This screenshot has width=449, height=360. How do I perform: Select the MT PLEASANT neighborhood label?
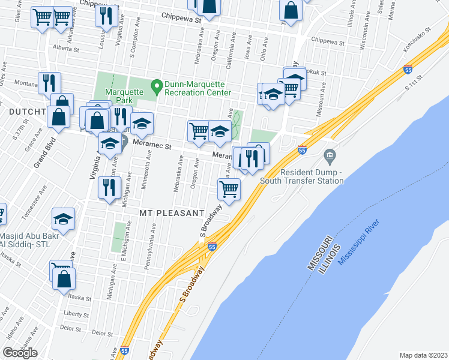tap(172, 214)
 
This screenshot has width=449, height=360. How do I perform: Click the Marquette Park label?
tap(122, 97)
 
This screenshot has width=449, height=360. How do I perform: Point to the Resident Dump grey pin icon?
tap(330, 157)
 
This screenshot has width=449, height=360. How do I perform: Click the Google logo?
tap(20, 353)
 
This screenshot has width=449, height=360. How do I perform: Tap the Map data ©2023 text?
tap(423, 355)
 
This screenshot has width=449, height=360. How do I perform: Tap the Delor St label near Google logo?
tap(71, 329)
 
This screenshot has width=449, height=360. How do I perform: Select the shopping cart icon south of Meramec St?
tap(229, 189)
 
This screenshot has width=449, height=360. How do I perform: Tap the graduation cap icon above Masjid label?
tap(62, 219)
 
